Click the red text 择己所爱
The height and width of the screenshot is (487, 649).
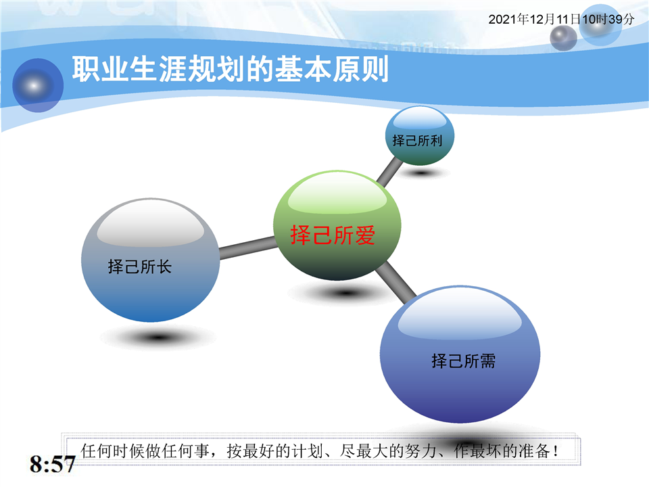pos(333,235)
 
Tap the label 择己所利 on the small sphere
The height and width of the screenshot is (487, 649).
pos(417,141)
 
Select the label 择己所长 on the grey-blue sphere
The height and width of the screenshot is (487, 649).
pos(140,266)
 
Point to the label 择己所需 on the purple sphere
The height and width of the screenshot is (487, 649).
pos(464,361)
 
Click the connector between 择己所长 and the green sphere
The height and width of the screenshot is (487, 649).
pos(247,248)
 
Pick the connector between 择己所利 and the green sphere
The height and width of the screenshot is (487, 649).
pos(389,172)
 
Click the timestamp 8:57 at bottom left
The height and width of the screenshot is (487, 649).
pos(52,464)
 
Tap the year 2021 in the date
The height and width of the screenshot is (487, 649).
pos(502,20)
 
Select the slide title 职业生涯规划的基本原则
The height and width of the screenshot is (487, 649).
pos(230,69)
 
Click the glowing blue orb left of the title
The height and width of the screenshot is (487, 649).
pos(38,85)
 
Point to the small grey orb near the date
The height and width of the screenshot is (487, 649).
pos(563,38)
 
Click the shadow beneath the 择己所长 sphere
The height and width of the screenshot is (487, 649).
pos(158,338)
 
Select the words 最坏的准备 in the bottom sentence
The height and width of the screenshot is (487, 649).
pos(510,451)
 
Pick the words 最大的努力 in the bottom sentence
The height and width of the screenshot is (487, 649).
pos(396,451)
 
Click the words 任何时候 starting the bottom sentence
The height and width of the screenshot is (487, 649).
pos(113,451)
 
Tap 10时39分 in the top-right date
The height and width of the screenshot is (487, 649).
pos(608,20)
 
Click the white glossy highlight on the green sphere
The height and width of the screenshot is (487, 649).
pos(337,195)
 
